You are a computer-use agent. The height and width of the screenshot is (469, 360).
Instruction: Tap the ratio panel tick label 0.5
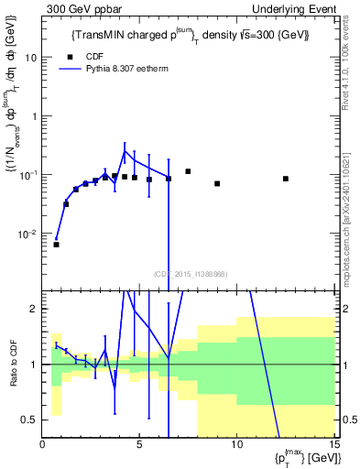(x=30, y=420)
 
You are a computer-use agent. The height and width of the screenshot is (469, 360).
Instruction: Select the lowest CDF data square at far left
(x=56, y=245)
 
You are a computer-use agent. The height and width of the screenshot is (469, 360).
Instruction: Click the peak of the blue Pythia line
(x=125, y=152)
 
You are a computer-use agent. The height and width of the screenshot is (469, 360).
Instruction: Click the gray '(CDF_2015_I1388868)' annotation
(x=189, y=273)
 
